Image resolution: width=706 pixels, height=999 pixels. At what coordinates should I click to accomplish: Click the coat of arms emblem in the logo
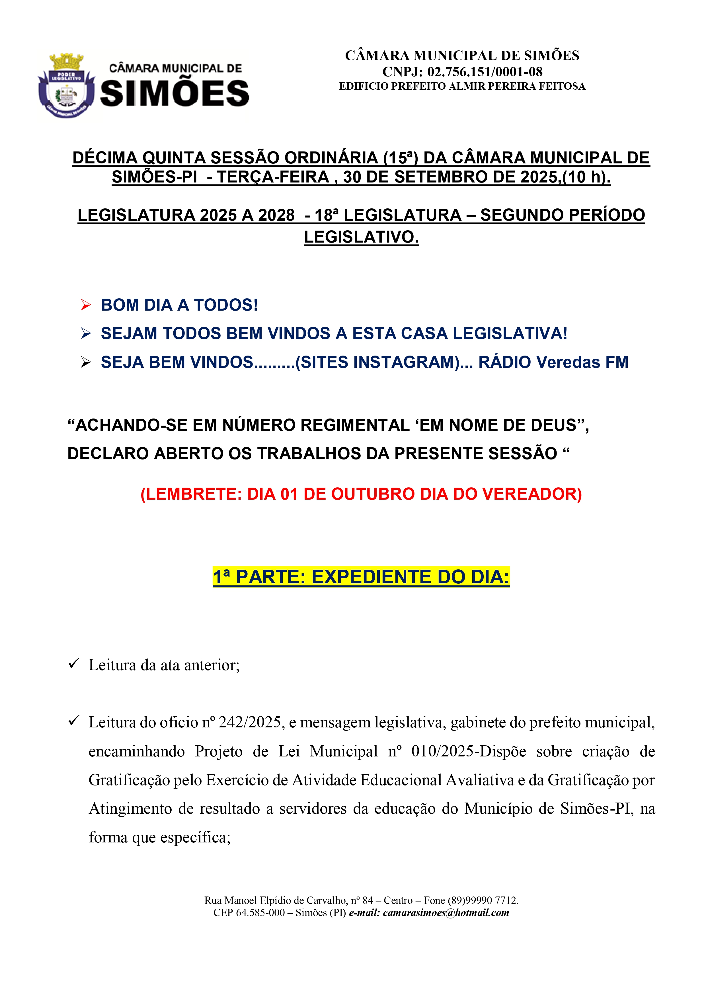(66, 87)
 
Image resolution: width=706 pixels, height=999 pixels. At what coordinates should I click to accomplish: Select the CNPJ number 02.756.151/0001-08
(485, 71)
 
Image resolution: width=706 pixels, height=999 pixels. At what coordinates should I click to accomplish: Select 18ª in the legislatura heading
(326, 215)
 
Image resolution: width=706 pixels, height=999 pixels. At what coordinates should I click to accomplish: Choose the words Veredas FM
(582, 362)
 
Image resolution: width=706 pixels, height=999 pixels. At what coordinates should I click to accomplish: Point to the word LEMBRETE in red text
(194, 494)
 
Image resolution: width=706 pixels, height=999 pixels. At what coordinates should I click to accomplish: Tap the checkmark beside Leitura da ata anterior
(73, 664)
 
